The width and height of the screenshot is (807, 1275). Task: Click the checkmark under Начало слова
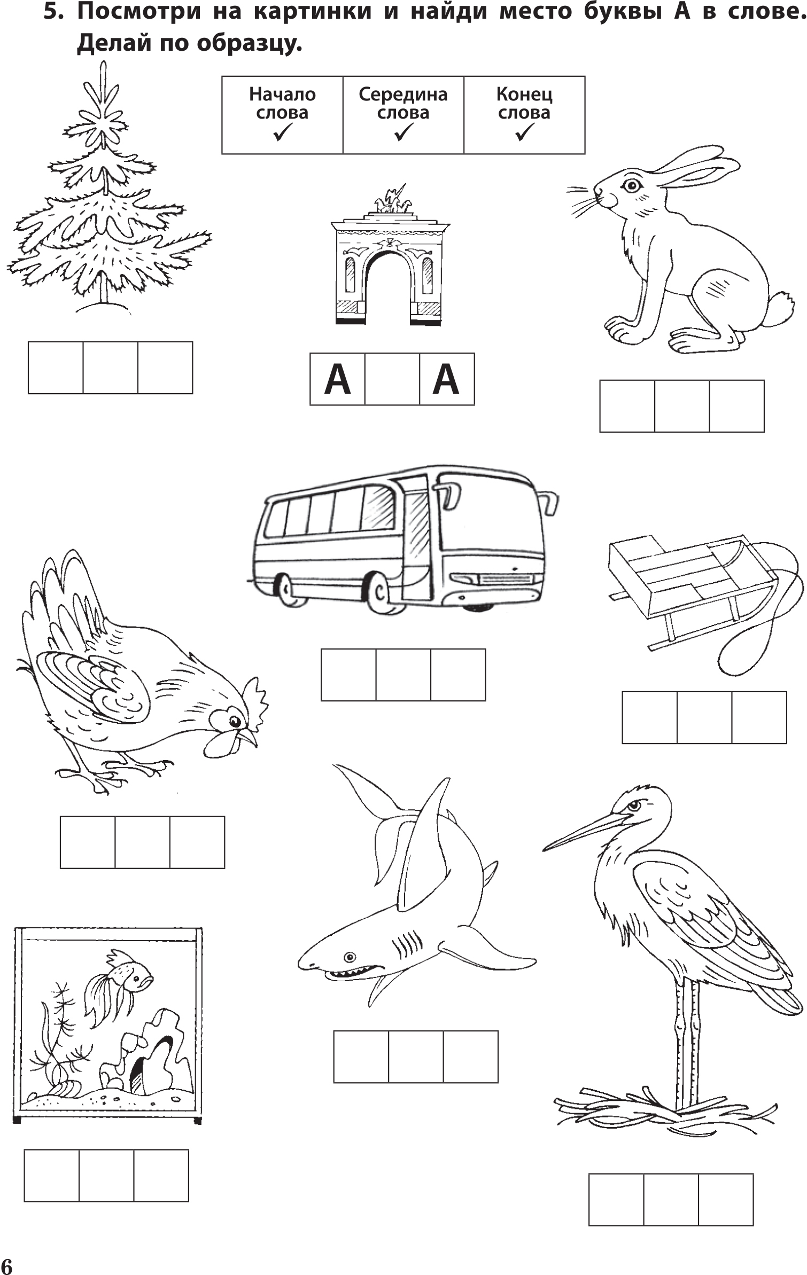(x=282, y=132)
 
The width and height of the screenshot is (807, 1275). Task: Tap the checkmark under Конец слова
(x=525, y=132)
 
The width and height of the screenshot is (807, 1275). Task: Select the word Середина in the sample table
(x=403, y=95)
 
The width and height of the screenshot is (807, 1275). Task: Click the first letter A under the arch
(x=337, y=379)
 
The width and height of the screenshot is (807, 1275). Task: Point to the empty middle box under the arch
(x=392, y=379)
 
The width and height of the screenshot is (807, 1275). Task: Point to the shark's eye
(x=350, y=956)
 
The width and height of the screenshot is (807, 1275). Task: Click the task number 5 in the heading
(x=52, y=12)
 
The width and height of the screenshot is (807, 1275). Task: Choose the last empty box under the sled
(x=759, y=717)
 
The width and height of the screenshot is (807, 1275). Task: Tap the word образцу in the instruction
(x=249, y=44)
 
